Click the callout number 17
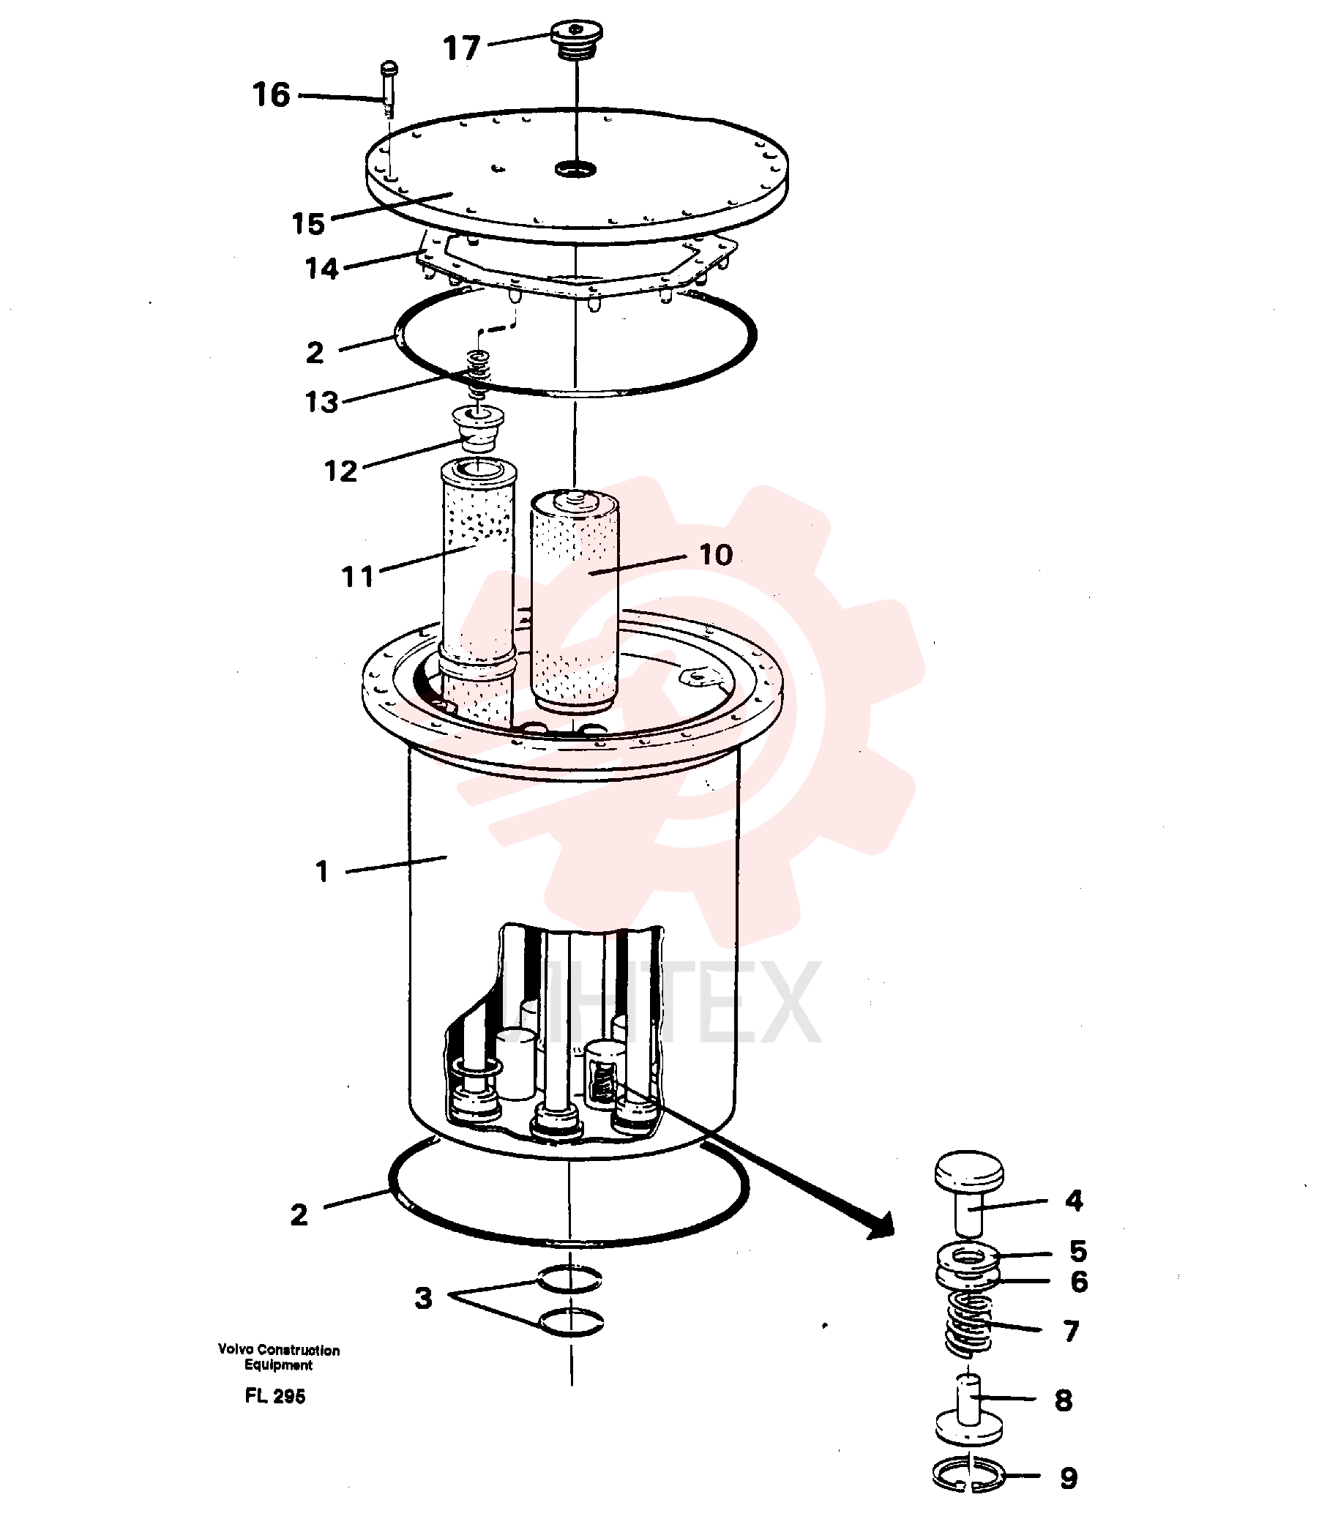click(461, 48)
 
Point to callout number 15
click(307, 224)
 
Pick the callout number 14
click(321, 269)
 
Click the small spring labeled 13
click(479, 375)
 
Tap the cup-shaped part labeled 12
click(478, 428)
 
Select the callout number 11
click(358, 576)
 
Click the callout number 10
click(715, 555)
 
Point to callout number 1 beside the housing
click(321, 871)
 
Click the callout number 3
click(423, 1298)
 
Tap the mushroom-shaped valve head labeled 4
click(969, 1191)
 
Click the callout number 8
click(1064, 1400)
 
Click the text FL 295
click(275, 1396)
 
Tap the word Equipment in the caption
click(279, 1365)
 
